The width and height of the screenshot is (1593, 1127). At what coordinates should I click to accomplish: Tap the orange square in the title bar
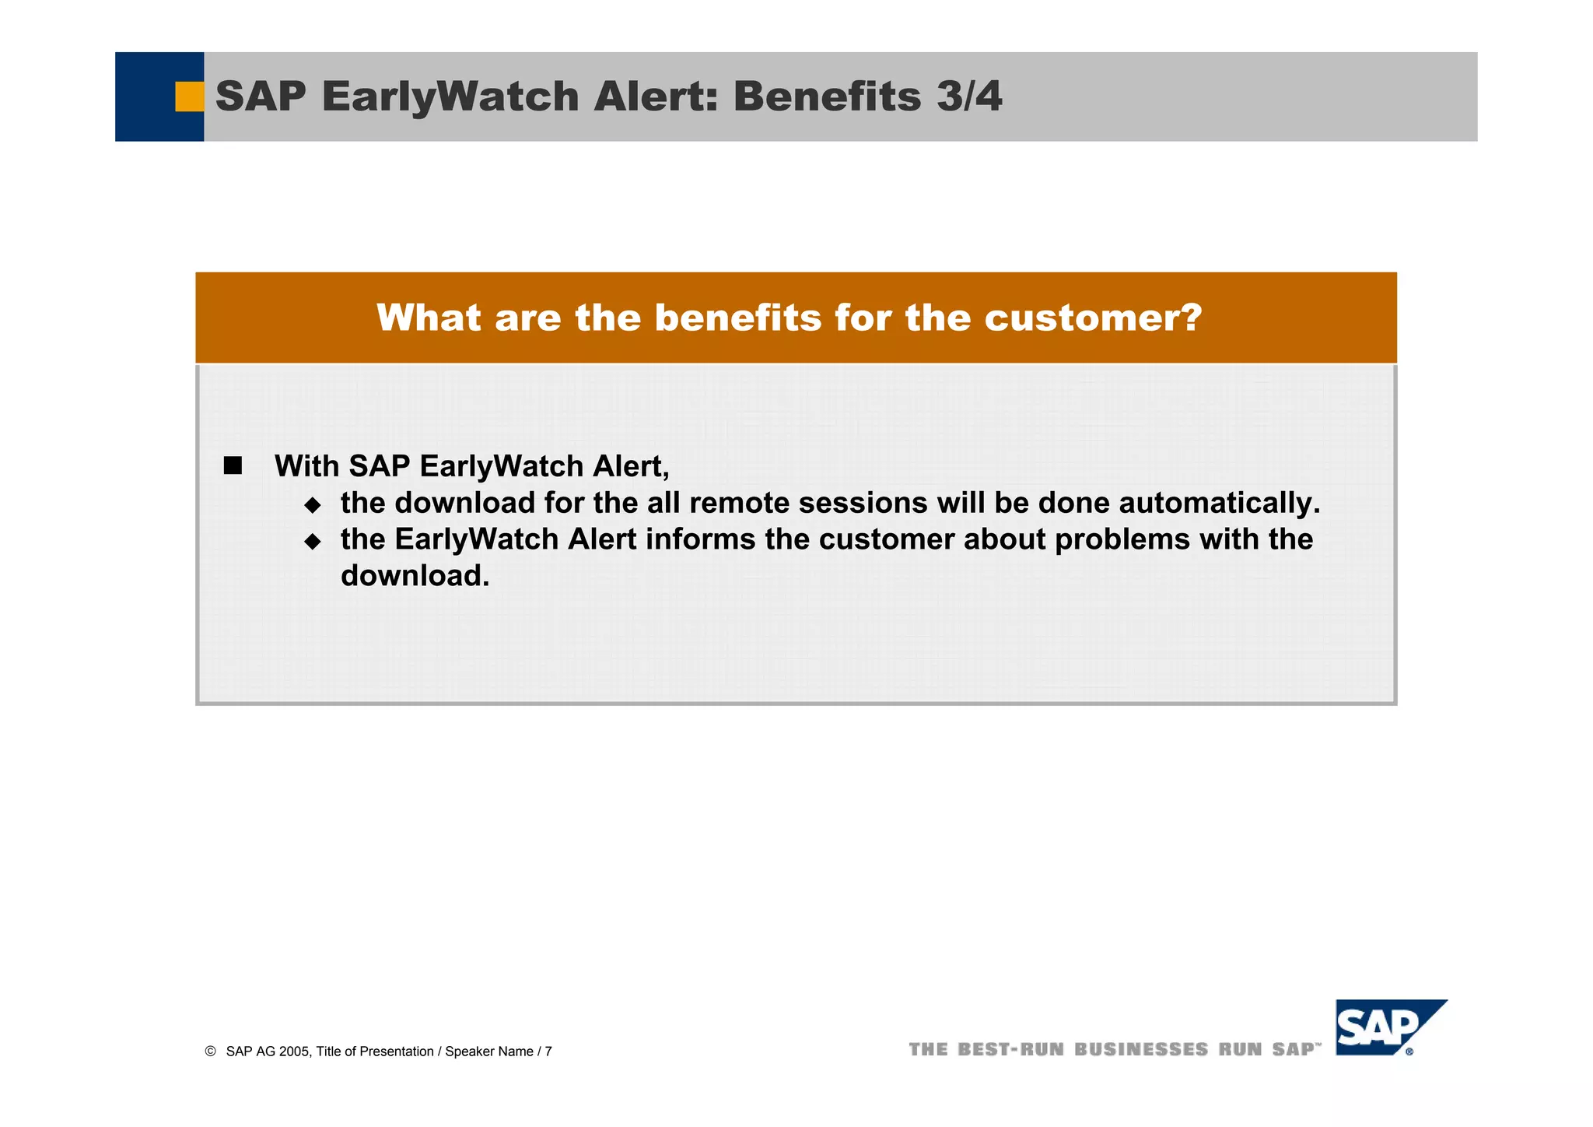pos(189,97)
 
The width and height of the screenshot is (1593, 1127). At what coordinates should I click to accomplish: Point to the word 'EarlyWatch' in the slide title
pos(450,97)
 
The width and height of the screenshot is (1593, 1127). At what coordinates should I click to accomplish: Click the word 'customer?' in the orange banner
pos(1093,318)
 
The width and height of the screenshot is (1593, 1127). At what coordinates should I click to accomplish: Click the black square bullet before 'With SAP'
pos(233,466)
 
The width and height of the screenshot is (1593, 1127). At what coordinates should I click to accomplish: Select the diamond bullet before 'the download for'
pos(313,505)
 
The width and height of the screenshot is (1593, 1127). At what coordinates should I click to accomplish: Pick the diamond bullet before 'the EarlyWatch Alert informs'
pos(313,542)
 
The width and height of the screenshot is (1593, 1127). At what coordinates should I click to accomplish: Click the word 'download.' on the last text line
pos(415,576)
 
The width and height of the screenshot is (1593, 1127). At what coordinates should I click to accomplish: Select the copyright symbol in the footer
pos(210,1052)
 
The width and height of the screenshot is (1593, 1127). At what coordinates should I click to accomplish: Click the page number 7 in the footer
pos(548,1052)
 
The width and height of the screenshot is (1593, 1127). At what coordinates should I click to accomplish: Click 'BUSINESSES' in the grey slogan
pos(1141,1050)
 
